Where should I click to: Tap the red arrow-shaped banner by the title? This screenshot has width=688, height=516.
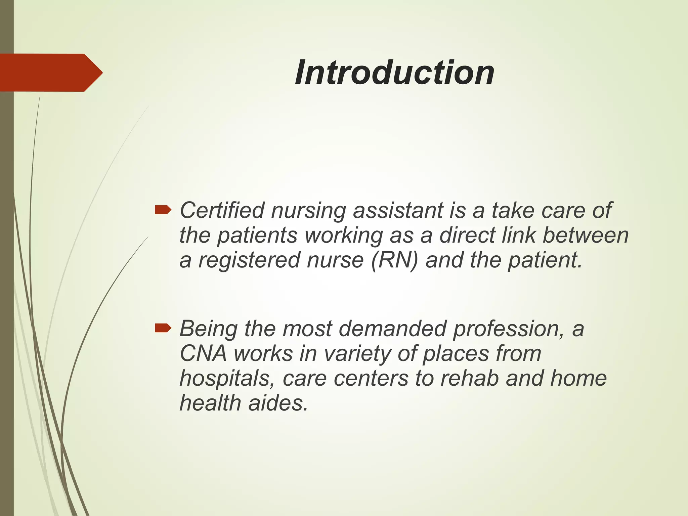tap(50, 73)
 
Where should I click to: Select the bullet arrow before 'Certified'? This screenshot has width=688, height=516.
tap(163, 211)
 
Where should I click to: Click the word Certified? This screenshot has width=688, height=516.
tap(222, 211)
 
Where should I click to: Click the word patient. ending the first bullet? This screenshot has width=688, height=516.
tap(545, 260)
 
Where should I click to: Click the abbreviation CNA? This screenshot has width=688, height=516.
tap(203, 353)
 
